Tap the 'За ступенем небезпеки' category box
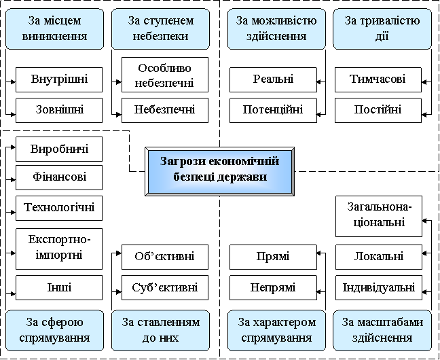(160, 28)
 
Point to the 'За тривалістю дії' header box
(382, 28)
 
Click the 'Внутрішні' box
(59, 79)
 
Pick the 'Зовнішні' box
(59, 109)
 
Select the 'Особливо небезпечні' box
(165, 75)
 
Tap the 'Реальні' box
(273, 79)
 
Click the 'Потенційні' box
(273, 109)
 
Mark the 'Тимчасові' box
(378, 79)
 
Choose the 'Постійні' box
(378, 109)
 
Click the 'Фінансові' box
(59, 178)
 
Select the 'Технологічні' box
(59, 207)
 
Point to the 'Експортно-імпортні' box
(59, 247)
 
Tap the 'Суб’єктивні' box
(165, 287)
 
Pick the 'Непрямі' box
(273, 287)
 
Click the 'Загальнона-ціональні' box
(378, 214)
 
